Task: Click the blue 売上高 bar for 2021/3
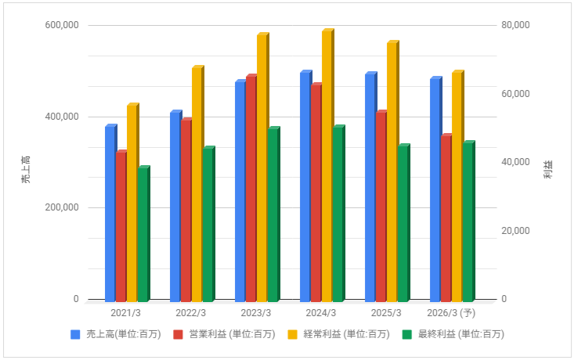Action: (x=110, y=214)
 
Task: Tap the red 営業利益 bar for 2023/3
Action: (x=251, y=189)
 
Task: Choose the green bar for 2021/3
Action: (x=143, y=235)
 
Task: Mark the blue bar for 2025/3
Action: (x=370, y=188)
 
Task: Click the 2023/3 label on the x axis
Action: (x=256, y=313)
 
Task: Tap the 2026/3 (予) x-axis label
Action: (x=452, y=313)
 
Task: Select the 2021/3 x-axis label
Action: (x=126, y=313)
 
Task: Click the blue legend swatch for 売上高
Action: (x=76, y=334)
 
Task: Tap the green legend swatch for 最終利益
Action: (x=406, y=334)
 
